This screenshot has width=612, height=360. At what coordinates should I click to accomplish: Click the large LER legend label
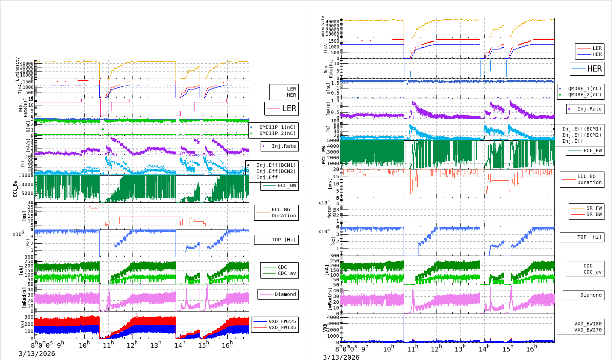[x=289, y=108]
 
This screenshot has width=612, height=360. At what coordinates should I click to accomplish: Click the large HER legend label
[x=594, y=69]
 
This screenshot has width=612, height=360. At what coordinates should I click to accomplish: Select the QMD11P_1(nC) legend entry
[x=277, y=127]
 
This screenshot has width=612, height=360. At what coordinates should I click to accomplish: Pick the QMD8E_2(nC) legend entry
[x=585, y=95]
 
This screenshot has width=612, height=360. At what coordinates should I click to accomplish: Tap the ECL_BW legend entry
[x=287, y=185]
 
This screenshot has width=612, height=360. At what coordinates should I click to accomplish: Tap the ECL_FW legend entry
[x=592, y=151]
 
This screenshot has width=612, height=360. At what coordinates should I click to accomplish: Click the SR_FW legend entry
[x=594, y=208]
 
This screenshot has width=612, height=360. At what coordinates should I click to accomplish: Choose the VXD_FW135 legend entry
[x=282, y=327]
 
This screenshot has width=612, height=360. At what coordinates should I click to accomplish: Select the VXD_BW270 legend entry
[x=588, y=330]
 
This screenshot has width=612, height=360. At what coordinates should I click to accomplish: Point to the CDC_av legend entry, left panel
[x=287, y=273]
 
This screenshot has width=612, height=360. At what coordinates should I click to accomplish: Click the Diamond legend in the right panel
[x=591, y=295]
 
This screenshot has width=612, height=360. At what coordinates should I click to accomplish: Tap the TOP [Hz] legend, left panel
[x=284, y=240]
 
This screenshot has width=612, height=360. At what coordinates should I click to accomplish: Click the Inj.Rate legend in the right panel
[x=589, y=109]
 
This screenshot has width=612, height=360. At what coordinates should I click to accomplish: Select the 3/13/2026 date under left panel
[x=37, y=354]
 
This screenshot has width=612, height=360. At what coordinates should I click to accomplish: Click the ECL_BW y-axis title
[x=15, y=188]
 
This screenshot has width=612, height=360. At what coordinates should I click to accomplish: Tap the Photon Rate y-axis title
[x=332, y=213]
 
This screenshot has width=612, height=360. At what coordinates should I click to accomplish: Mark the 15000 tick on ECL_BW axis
[x=26, y=175]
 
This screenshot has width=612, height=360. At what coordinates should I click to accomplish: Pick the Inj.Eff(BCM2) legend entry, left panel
[x=276, y=171]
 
